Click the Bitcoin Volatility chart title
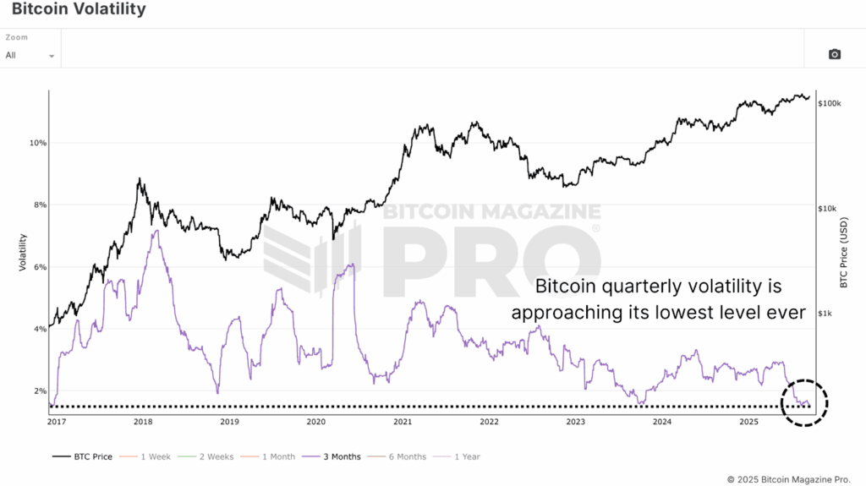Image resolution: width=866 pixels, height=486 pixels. (x=79, y=10)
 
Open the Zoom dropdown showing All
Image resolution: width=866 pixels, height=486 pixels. (x=30, y=55)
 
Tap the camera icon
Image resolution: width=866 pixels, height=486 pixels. (x=835, y=54)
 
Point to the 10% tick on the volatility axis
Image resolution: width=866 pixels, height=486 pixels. (x=37, y=143)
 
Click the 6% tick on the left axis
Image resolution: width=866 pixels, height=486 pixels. (x=39, y=267)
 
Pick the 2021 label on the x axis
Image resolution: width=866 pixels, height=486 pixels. (x=403, y=421)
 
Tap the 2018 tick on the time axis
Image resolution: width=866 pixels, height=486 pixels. (x=143, y=421)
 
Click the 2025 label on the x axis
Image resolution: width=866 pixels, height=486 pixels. (x=748, y=421)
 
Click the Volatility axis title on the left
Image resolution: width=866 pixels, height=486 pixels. (x=23, y=252)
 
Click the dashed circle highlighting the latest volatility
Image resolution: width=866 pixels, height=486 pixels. (x=804, y=403)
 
